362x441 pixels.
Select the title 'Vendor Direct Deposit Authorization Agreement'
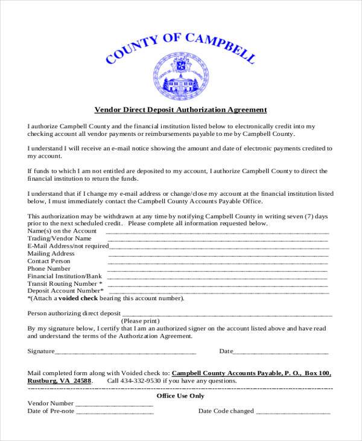[180, 110]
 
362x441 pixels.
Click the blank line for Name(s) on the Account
[218, 232]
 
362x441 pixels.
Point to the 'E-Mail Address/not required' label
[68, 246]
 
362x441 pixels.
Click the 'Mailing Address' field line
[218, 254]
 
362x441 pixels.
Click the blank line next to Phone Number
[218, 269]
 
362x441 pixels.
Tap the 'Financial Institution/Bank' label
[65, 275]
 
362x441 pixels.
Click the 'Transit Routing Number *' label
[65, 283]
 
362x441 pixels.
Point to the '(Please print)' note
[141, 320]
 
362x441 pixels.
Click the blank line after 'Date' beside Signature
[281, 352]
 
